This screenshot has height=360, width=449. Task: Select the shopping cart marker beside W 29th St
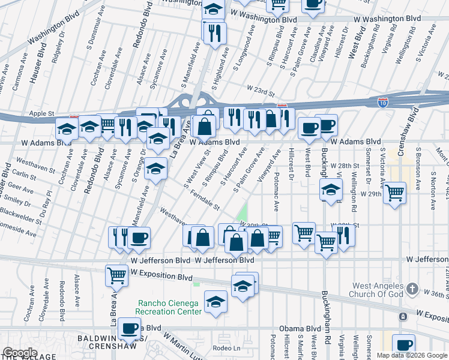pyautogui.click(x=394, y=194)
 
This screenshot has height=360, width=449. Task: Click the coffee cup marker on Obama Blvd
pyautogui.click(x=130, y=329)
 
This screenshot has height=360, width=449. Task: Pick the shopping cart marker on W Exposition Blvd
pyautogui.click(x=116, y=275)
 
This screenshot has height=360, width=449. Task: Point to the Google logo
pyautogui.click(x=19, y=353)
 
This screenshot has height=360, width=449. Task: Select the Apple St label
pyautogui.click(x=42, y=113)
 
